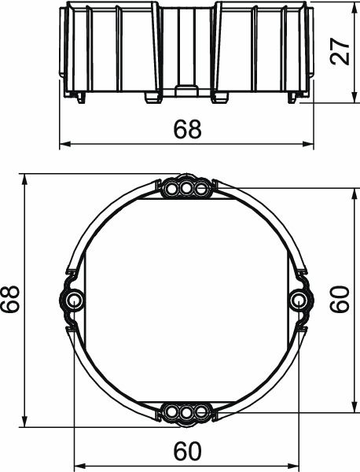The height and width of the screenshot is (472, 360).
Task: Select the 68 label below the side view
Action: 187,130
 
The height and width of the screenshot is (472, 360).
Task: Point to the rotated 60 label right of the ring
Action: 340,299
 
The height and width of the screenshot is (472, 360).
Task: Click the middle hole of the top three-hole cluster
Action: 186,188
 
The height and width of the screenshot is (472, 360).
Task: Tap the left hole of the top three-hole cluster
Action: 172,188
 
